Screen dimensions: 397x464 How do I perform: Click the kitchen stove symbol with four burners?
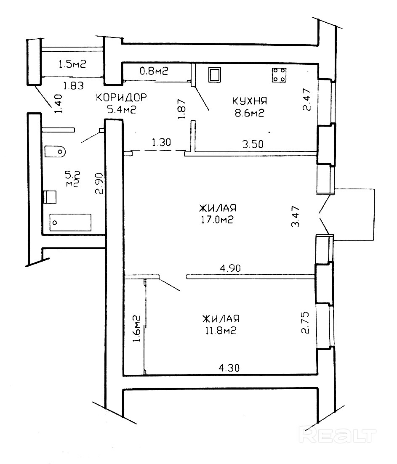(279, 75)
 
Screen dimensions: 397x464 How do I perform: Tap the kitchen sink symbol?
(214, 75)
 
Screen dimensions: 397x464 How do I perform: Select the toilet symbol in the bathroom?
(55, 151)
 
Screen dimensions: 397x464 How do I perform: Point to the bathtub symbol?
(70, 222)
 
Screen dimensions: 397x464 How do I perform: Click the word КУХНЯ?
(249, 101)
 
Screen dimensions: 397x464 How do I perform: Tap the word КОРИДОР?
(121, 97)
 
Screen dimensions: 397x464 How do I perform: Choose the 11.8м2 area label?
(221, 330)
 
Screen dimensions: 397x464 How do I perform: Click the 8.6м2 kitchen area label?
(249, 113)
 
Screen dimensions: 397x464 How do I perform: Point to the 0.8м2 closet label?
(154, 71)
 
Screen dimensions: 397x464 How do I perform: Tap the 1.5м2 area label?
(72, 64)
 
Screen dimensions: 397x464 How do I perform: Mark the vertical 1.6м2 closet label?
(136, 329)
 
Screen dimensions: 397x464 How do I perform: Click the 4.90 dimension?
(230, 268)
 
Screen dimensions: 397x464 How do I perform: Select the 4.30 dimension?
(229, 368)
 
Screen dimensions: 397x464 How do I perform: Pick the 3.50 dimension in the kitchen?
(253, 144)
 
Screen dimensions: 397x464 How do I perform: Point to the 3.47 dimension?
(296, 217)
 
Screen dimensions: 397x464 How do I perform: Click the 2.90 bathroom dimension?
(99, 183)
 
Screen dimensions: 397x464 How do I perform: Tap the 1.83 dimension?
(73, 86)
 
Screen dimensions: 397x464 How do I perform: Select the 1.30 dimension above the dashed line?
(161, 143)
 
